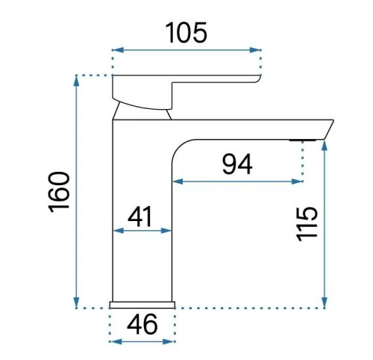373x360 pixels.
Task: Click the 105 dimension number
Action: [x=186, y=33]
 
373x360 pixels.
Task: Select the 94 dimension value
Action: [x=237, y=164]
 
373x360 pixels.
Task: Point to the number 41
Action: [x=140, y=217]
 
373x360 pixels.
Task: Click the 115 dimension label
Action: [x=307, y=224]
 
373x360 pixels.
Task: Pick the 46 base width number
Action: [x=142, y=324]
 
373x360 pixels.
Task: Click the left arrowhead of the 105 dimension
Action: [x=118, y=50]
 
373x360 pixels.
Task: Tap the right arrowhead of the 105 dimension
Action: [x=255, y=50]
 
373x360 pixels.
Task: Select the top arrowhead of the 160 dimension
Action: [x=76, y=81]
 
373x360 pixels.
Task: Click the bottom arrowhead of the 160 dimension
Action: [x=76, y=302]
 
